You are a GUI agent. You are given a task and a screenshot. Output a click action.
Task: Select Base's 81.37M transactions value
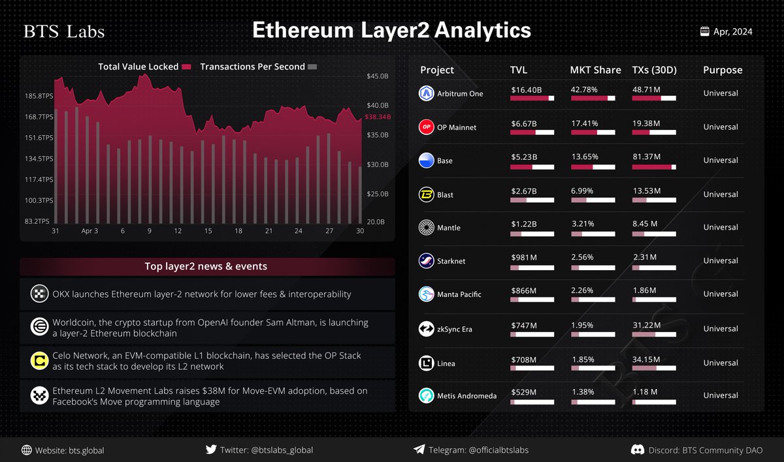pyautogui.click(x=647, y=157)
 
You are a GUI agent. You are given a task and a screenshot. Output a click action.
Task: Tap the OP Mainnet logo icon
pyautogui.click(x=427, y=127)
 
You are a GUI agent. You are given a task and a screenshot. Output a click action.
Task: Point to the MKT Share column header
pyautogui.click(x=595, y=70)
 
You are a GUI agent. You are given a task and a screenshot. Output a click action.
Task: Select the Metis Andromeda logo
pyautogui.click(x=427, y=395)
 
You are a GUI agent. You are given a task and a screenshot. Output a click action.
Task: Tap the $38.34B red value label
pyautogui.click(x=378, y=117)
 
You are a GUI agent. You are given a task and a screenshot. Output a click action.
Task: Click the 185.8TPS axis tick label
pyautogui.click(x=39, y=96)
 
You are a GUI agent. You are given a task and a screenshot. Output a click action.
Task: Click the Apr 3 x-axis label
pyautogui.click(x=90, y=231)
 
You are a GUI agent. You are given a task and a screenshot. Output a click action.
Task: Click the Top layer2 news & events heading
pyautogui.click(x=206, y=266)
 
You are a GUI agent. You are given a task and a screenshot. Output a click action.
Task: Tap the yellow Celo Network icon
pyautogui.click(x=39, y=361)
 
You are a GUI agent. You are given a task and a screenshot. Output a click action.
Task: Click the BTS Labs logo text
pyautogui.click(x=64, y=32)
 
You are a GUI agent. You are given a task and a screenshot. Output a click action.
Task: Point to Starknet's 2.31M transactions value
pyautogui.click(x=644, y=257)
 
